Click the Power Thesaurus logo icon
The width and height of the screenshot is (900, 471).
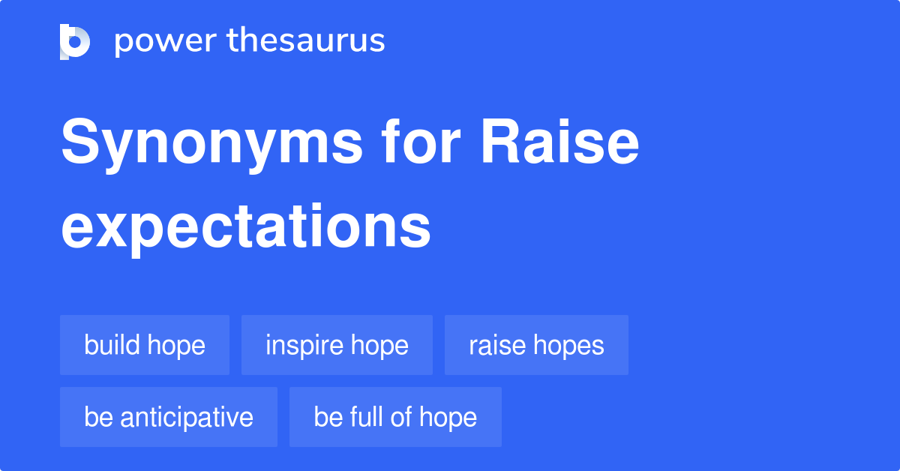click(x=75, y=41)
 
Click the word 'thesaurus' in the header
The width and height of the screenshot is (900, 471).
click(x=306, y=41)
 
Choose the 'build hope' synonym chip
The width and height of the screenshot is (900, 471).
click(x=145, y=345)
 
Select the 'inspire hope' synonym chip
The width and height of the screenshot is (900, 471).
click(x=337, y=345)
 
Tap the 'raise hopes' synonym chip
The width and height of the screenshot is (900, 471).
click(x=536, y=345)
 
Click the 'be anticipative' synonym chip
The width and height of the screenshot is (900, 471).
click(x=169, y=417)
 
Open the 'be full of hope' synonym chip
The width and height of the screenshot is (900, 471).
click(x=395, y=417)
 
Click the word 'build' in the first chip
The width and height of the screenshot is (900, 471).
click(x=112, y=345)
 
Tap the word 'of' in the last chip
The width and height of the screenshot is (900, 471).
click(x=405, y=417)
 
